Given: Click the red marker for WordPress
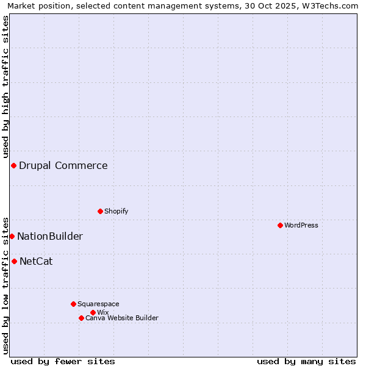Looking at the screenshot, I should (x=280, y=225).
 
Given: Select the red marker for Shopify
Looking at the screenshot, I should (x=100, y=211).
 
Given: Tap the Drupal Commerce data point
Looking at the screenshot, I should (x=13, y=165).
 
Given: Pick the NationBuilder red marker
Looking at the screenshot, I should (x=12, y=236).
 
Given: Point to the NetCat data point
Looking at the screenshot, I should (x=14, y=261).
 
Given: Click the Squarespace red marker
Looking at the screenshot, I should (x=73, y=304).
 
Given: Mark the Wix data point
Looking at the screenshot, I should (x=93, y=312).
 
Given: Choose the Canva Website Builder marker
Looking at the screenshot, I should (x=81, y=318).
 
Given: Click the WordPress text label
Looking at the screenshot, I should (x=301, y=225).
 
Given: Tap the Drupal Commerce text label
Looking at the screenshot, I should (x=63, y=165).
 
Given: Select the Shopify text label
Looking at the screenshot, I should (x=117, y=211).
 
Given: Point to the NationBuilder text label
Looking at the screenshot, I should (x=50, y=236).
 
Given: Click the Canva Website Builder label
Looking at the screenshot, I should (x=122, y=318).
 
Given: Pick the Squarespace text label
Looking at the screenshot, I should (x=99, y=304).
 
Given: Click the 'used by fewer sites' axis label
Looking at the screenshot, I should (x=63, y=361).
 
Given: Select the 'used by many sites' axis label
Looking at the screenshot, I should (x=306, y=361).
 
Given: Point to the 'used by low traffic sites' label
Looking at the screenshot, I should (x=5, y=285).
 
